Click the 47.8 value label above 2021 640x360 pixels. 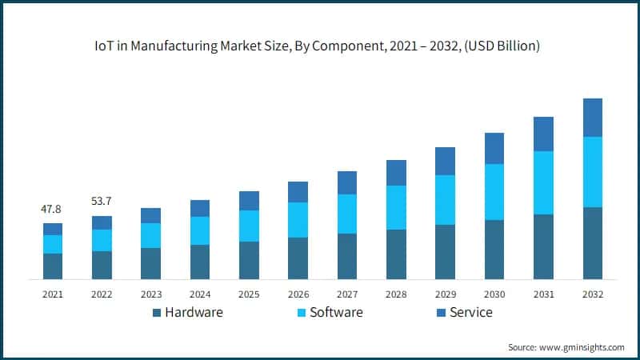(x=52, y=209)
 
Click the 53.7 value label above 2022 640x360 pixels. (x=102, y=202)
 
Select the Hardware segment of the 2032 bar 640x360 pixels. (x=592, y=243)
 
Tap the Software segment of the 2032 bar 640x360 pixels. (x=592, y=172)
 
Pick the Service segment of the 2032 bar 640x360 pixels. (x=592, y=118)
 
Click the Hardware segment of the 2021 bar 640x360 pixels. (x=53, y=266)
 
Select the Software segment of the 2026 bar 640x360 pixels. (x=298, y=220)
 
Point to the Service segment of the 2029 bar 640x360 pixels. (x=445, y=161)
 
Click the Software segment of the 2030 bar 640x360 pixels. (x=494, y=192)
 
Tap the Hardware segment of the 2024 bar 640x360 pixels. (x=200, y=262)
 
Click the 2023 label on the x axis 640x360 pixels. (x=150, y=294)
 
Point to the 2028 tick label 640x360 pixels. (x=396, y=294)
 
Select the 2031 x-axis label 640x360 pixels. (x=543, y=294)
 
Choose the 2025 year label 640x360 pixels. (x=249, y=294)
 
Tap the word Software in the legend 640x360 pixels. (x=335, y=312)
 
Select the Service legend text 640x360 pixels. (x=470, y=312)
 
